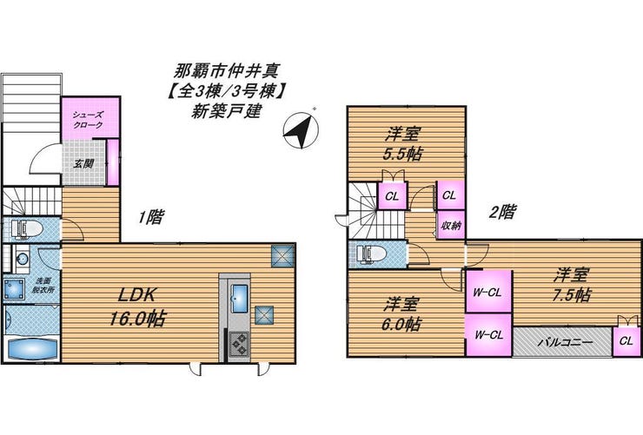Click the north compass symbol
click(x=301, y=130)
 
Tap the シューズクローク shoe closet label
click(x=88, y=120)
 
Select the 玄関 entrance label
click(x=83, y=163)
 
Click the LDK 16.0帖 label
click(x=137, y=306)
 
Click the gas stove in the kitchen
click(x=239, y=344)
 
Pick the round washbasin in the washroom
click(x=22, y=259)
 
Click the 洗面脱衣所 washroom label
click(x=43, y=285)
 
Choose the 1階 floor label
click(x=151, y=217)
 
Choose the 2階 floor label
click(x=503, y=212)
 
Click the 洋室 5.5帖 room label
click(x=402, y=144)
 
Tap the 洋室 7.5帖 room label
click(x=571, y=285)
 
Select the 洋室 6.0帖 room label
click(x=401, y=314)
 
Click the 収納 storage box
click(x=451, y=225)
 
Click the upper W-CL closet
click(x=488, y=292)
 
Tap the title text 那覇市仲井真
click(x=227, y=71)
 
